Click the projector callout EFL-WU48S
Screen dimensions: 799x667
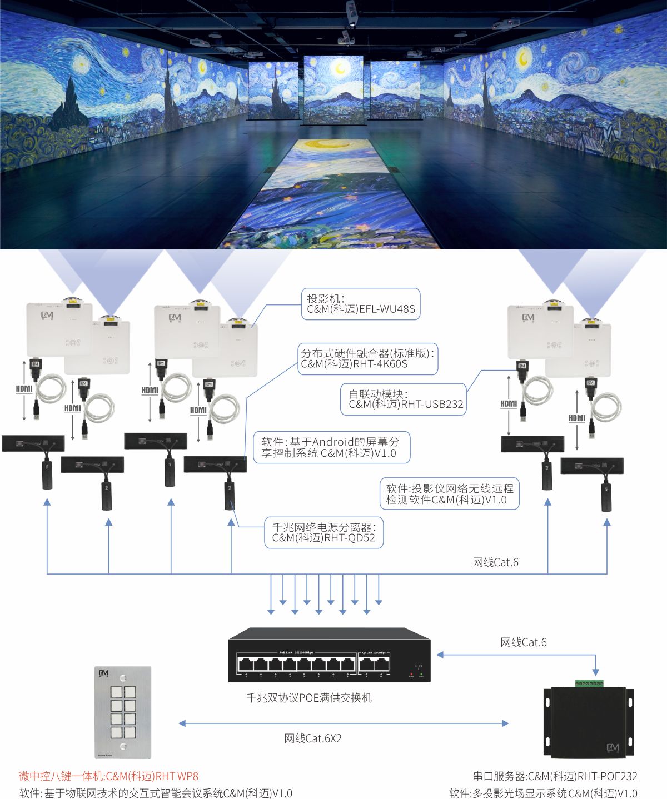tap(360, 304)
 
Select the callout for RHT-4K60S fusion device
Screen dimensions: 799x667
tap(367, 358)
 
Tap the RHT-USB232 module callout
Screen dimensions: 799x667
tap(404, 399)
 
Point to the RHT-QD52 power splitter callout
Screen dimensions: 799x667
tap(323, 532)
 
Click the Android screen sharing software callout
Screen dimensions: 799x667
tap(331, 447)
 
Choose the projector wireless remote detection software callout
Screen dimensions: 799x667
tap(449, 494)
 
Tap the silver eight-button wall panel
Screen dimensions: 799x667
tap(123, 712)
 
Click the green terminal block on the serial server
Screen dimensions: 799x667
tap(589, 683)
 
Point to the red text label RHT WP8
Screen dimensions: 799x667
tap(109, 776)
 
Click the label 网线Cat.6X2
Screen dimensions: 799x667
tap(313, 738)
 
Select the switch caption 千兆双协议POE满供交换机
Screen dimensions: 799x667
tap(309, 698)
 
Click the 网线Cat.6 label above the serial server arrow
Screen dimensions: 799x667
tap(523, 642)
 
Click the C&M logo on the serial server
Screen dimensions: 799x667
tap(613, 748)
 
